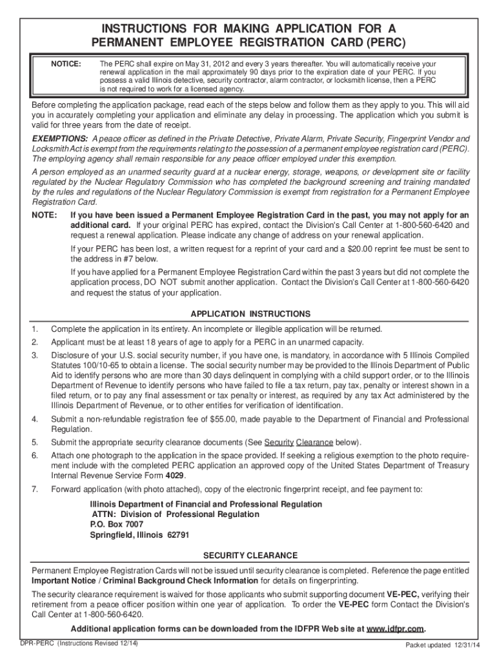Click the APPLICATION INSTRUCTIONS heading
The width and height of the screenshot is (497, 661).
click(250, 314)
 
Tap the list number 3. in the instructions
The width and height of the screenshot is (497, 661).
click(35, 355)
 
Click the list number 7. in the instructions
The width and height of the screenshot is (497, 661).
click(35, 489)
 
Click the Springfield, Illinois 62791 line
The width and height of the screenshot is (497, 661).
click(139, 535)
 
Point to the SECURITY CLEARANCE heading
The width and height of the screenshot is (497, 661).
click(250, 555)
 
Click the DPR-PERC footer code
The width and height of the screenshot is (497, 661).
click(35, 644)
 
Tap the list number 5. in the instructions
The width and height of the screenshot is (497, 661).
click(35, 442)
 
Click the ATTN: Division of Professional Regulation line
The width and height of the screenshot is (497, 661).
click(175, 514)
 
